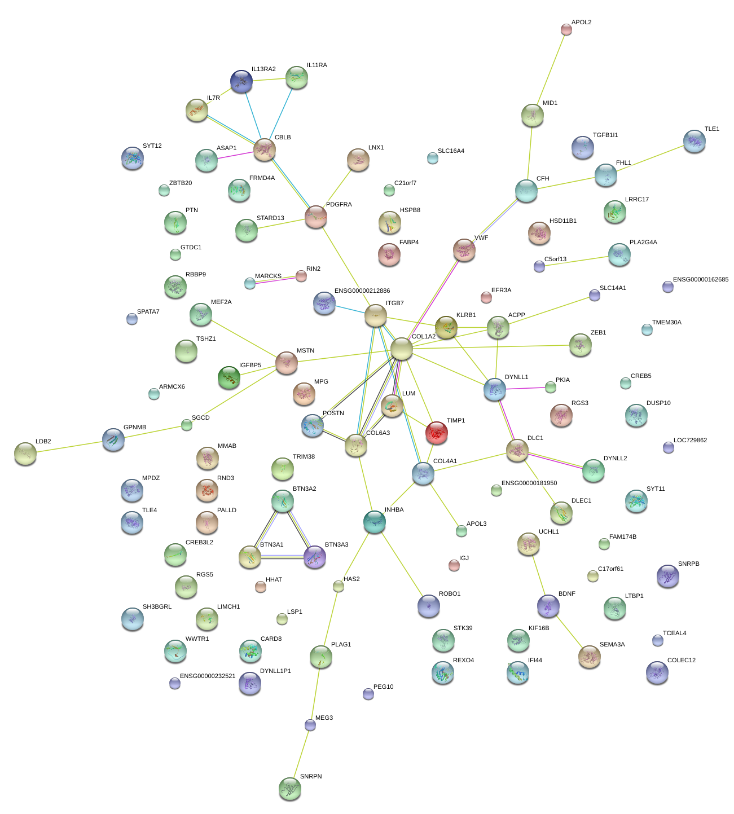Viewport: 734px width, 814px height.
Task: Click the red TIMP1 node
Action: click(437, 433)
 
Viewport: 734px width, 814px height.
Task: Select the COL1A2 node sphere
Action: click(401, 349)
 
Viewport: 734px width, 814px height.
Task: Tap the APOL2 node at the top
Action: click(566, 29)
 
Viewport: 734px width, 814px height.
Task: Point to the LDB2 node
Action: click(25, 453)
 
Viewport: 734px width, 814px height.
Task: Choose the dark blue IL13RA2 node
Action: click(241, 81)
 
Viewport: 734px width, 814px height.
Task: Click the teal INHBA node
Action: click(375, 522)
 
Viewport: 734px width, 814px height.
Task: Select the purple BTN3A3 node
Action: click(314, 557)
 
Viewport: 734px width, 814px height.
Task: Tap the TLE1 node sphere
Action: click(694, 141)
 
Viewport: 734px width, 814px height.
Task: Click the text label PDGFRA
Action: click(339, 204)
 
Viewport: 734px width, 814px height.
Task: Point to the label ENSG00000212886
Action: click(362, 291)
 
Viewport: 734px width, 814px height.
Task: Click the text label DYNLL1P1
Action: click(275, 671)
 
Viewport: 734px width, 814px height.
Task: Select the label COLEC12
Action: click(681, 661)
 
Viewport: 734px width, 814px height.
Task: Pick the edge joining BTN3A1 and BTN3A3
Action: click(282, 557)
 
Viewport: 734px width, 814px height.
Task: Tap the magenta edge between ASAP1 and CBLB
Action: click(235, 155)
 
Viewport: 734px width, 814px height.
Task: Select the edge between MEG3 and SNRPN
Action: click(300, 756)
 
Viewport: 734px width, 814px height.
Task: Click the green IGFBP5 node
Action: click(229, 377)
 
